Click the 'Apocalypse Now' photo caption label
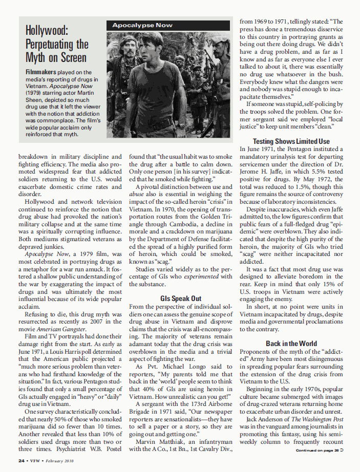[142, 25]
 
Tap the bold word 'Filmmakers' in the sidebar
[41, 73]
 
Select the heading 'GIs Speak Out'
[181, 298]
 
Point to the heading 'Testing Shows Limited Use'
[291, 141]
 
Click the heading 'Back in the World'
[291, 344]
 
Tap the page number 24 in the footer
[22, 461]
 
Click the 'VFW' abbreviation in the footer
[35, 461]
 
